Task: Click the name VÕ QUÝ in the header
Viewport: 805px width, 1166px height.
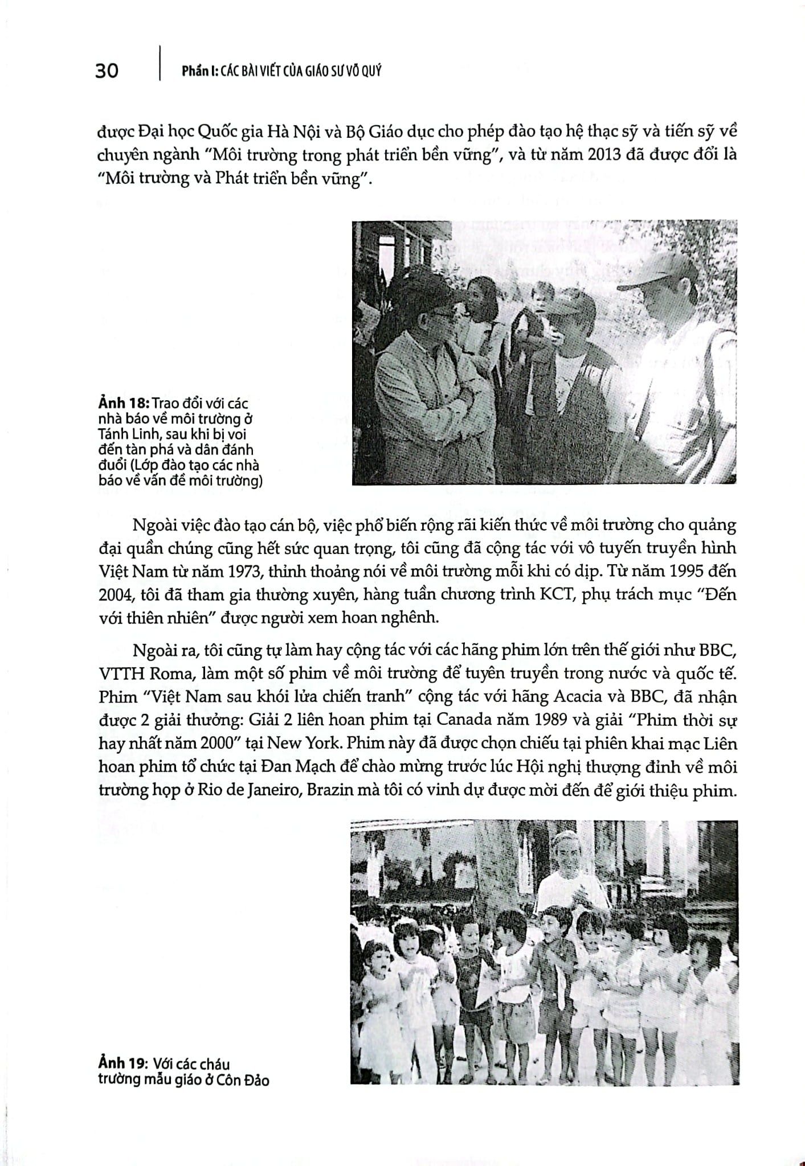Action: pos(363,72)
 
